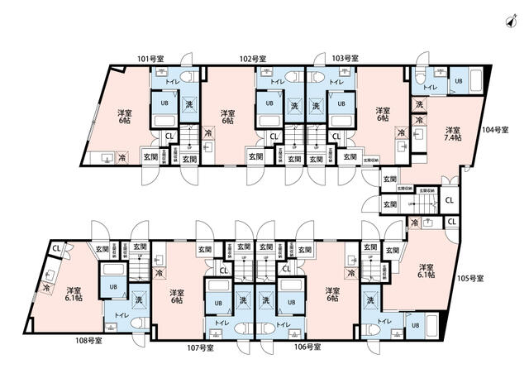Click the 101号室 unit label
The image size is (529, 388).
coord(150,59)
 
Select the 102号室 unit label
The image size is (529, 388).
coord(252,59)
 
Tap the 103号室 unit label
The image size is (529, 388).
coord(345,59)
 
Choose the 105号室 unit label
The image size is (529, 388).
coord(470,278)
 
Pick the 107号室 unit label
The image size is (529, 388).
coord(199,347)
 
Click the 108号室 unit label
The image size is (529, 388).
coord(89,340)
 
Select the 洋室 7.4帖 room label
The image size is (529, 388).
coord(452,135)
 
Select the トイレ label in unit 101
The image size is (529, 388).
coord(174,82)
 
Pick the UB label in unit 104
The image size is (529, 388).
coord(459,81)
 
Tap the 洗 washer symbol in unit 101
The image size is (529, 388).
coord(189,104)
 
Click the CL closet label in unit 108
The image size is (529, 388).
coord(56,247)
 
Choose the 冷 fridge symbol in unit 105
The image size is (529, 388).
coord(414,223)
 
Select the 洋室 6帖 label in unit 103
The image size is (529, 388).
coord(382,115)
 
